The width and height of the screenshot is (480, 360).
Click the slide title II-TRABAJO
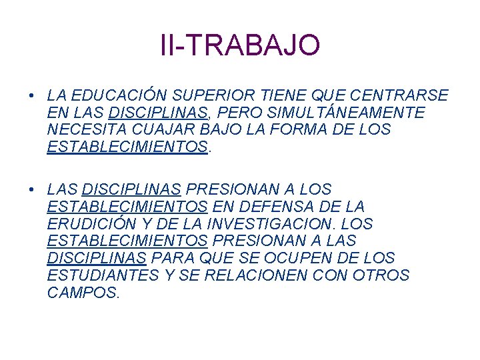240,45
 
